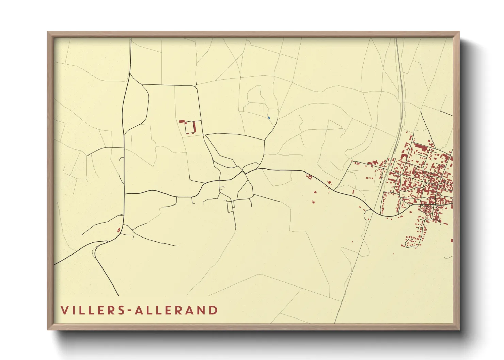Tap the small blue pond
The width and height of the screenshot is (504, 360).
(269, 118)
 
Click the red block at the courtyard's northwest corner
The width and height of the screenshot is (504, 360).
(182, 121)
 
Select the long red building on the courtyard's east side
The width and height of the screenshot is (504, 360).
(194, 127)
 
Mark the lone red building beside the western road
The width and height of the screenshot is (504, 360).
(119, 230)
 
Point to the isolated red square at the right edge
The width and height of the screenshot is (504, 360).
(452, 241)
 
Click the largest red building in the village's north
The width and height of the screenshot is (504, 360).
(422, 147)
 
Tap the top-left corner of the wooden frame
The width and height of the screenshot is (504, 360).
(48, 32)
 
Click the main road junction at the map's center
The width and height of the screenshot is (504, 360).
(245, 172)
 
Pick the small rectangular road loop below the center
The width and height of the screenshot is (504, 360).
(231, 206)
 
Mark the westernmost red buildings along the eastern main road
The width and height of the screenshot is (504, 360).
(310, 177)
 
